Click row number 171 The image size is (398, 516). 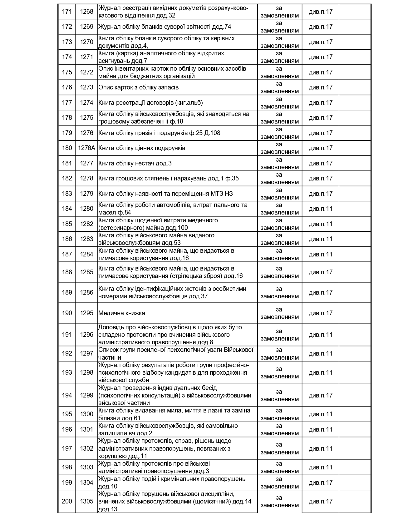(x=67, y=12)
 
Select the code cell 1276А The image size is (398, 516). (x=86, y=148)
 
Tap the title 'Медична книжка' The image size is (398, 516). (x=122, y=313)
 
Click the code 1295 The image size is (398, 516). (x=86, y=313)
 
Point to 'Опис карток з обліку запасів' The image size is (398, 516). (x=139, y=87)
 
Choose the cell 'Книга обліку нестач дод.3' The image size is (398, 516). (x=135, y=163)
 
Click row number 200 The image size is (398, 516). (x=67, y=501)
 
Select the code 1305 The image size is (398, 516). (x=86, y=501)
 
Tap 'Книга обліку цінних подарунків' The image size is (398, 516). (x=142, y=148)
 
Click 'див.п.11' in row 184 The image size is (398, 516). (x=321, y=209)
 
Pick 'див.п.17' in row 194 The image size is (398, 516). (x=321, y=395)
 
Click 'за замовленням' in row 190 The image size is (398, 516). (x=279, y=313)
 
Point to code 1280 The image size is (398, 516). (x=86, y=209)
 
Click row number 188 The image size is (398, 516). (x=67, y=272)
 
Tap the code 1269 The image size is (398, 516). (x=86, y=27)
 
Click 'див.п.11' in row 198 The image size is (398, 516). (x=321, y=467)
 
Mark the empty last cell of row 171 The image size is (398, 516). (x=355, y=12)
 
